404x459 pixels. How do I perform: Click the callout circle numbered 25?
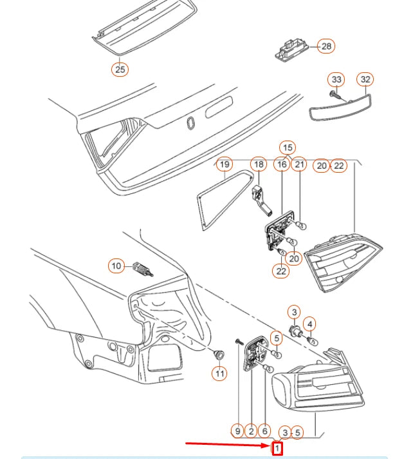[x=120, y=70]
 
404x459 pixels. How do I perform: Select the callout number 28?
[x=326, y=46]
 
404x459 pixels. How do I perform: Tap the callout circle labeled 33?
[x=336, y=79]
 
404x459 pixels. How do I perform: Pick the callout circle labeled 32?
[x=365, y=79]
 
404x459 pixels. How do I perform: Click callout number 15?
[x=288, y=148]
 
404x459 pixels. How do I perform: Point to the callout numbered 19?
[x=225, y=164]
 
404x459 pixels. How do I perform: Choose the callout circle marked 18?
[x=259, y=164]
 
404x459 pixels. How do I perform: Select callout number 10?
[x=116, y=266]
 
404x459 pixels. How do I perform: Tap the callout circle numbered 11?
[x=219, y=373]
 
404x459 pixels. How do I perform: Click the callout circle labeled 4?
[x=309, y=324]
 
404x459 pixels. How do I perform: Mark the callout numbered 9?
[x=238, y=431]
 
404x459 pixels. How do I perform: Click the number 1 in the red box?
[x=277, y=448]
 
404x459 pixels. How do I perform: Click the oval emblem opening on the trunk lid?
[x=191, y=122]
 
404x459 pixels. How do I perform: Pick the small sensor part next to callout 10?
[x=143, y=269]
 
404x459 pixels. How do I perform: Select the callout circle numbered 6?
[x=264, y=431]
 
